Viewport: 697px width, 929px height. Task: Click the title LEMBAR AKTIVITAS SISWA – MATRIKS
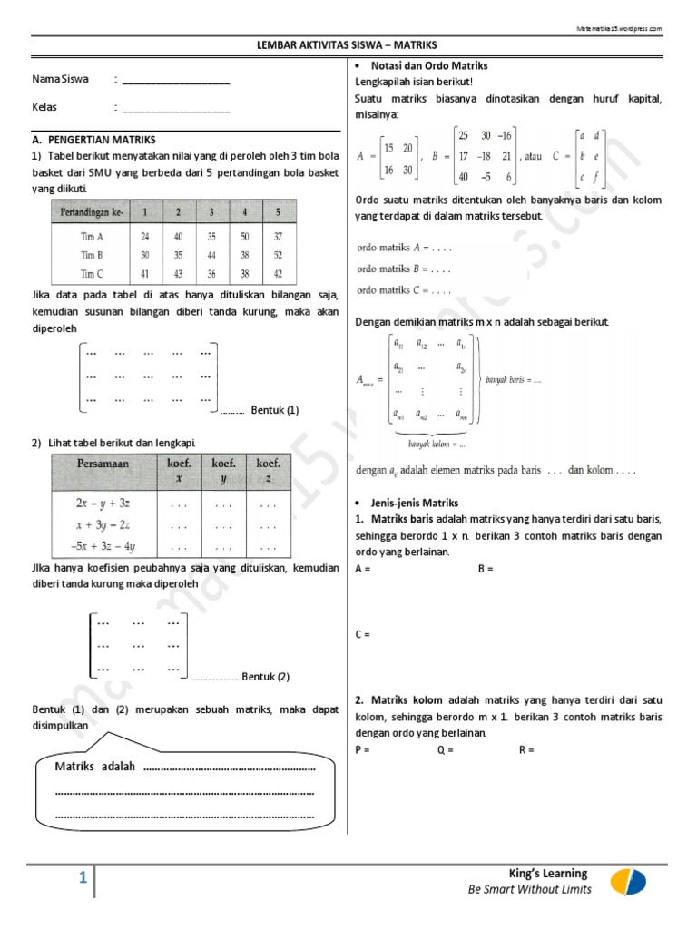tap(348, 44)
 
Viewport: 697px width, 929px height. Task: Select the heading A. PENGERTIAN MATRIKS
tap(93, 140)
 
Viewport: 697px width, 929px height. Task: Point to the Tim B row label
tap(92, 255)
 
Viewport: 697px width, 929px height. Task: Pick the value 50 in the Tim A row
tap(243, 237)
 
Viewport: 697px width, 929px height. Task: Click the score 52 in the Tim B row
tap(278, 255)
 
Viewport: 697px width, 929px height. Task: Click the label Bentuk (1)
tap(274, 410)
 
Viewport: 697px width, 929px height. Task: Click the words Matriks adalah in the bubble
tap(95, 767)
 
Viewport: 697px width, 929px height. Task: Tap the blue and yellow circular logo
tap(628, 880)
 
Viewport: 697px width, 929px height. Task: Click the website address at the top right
tap(619, 29)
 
